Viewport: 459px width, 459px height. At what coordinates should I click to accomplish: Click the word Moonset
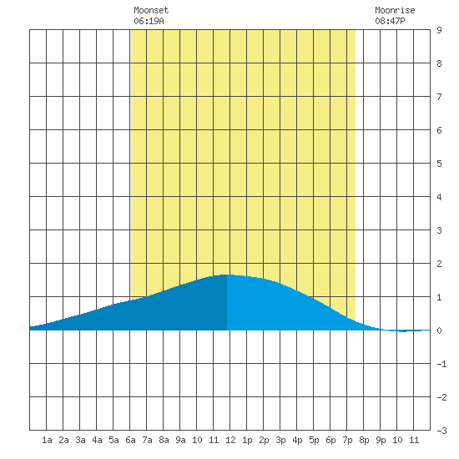pos(151,10)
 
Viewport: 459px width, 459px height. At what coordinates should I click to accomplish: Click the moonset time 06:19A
pos(149,21)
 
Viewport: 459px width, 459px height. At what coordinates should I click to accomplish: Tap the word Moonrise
pos(395,10)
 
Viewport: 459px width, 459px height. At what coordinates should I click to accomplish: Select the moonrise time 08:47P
pos(390,21)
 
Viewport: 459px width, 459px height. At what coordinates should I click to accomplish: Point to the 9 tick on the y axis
pos(439,30)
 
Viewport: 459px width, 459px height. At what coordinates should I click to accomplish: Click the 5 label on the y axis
pos(439,164)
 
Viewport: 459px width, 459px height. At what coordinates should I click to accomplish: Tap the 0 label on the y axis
pos(439,330)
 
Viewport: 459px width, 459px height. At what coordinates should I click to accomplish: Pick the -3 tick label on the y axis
pos(441,431)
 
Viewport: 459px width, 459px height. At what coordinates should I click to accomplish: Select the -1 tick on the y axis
pos(441,364)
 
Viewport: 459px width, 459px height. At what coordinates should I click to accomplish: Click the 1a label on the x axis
pos(47,440)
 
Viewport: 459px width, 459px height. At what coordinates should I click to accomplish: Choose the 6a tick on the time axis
pos(130,440)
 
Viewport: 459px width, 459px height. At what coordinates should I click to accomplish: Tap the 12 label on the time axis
pos(230,440)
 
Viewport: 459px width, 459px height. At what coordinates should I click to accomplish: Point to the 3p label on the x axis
pos(280,440)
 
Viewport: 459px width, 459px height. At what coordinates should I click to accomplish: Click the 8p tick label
pos(364,440)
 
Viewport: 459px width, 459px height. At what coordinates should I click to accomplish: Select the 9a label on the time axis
pos(180,440)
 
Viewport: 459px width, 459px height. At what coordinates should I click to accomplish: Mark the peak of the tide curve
pos(226,275)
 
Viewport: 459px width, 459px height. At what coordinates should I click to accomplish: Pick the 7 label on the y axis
pos(439,97)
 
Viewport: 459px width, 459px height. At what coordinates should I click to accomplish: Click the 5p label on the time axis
pos(314,440)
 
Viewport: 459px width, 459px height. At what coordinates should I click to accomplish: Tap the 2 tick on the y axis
pos(439,264)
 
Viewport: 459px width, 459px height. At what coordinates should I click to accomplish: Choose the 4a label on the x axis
pos(97,440)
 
